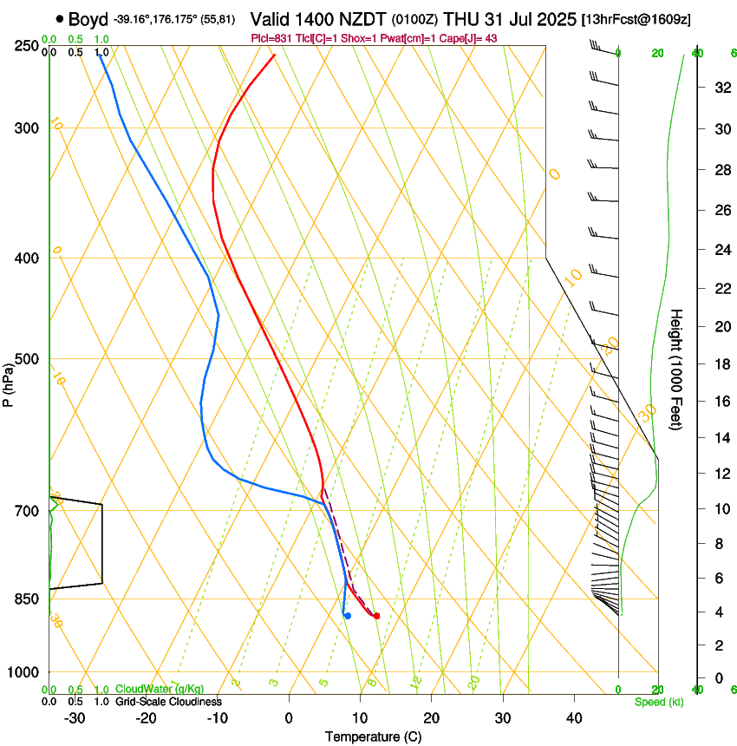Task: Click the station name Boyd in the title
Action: pos(88,19)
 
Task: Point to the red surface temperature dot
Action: pos(376,616)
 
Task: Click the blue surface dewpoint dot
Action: pos(347,616)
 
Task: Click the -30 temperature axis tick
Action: pos(75,717)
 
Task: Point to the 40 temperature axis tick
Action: pos(574,717)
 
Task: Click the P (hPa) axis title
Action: pos(9,384)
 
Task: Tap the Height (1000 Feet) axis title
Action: pos(676,369)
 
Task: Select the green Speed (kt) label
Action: pos(658,702)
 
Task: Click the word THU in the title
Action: pos(462,18)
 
